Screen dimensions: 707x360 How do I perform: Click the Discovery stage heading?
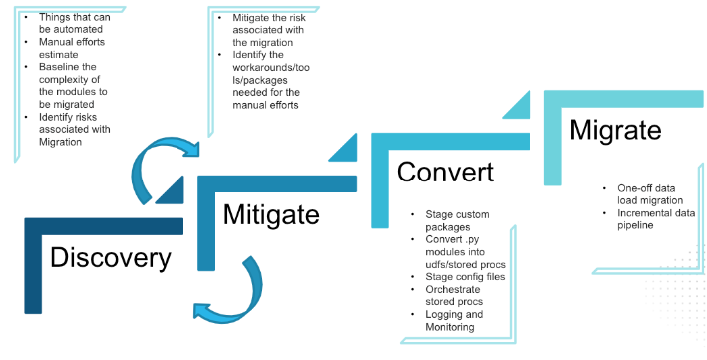(111, 258)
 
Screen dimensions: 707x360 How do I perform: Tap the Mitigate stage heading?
(271, 214)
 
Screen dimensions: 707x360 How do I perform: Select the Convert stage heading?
(445, 172)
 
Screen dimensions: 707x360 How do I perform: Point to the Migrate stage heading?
(615, 130)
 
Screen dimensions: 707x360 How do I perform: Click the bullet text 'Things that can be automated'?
(75, 23)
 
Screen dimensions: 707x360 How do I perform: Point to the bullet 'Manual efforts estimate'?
(72, 48)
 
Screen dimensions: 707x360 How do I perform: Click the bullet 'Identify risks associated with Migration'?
(75, 129)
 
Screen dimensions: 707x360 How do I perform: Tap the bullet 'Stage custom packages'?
(457, 221)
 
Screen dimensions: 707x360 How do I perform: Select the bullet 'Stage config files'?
(465, 277)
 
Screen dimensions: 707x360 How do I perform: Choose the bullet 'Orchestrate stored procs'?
(454, 295)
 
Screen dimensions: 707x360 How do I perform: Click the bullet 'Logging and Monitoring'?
(454, 320)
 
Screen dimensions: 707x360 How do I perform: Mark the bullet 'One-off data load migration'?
(650, 194)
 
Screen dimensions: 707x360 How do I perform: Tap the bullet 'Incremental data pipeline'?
(656, 219)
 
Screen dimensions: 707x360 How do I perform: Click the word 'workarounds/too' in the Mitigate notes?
(271, 68)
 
